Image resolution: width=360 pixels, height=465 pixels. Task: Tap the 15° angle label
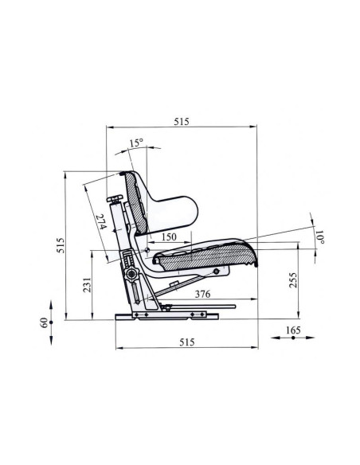click(x=137, y=143)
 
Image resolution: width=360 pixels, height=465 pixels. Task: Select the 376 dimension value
click(x=202, y=294)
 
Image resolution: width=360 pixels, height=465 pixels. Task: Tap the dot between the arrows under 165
click(x=293, y=339)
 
